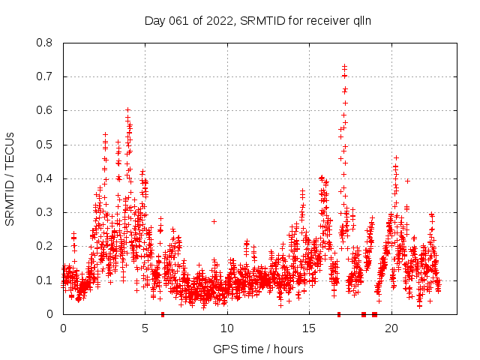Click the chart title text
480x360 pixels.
258,21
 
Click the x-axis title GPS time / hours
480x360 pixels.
258,349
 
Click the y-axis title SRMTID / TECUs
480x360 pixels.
10,178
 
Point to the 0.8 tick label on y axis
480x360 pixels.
46,43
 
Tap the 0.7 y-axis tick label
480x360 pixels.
46,76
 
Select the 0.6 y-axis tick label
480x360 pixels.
46,110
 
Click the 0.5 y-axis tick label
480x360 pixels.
46,145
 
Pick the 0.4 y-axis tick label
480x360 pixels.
46,178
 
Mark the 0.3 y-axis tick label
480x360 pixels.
46,212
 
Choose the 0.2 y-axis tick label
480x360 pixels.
46,246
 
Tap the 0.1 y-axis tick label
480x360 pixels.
46,280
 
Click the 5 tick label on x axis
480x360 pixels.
145,328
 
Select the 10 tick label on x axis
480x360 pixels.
227,328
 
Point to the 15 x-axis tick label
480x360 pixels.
310,328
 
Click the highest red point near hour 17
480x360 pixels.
344,67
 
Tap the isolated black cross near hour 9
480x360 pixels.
214,221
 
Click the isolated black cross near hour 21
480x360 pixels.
407,181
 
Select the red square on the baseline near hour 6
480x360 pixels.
163,314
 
